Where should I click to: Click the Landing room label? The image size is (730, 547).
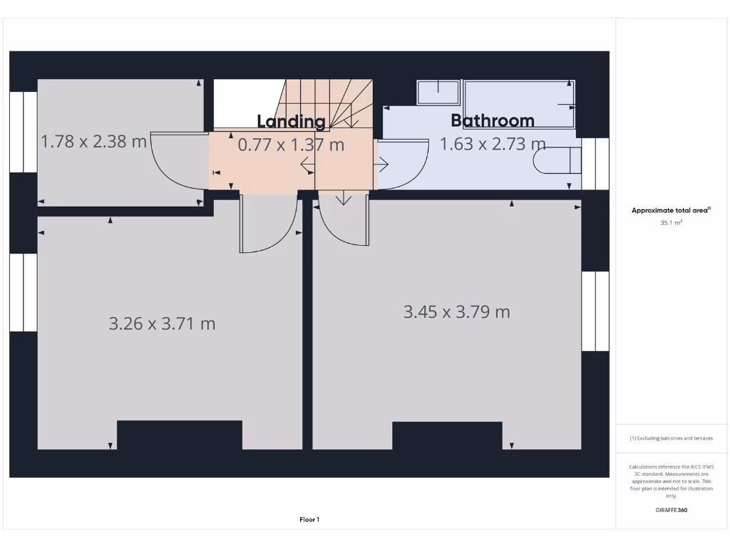click(291, 121)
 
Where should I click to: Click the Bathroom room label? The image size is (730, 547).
click(492, 120)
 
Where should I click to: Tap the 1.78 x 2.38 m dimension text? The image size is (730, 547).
click(93, 141)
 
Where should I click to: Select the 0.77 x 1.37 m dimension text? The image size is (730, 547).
click(291, 145)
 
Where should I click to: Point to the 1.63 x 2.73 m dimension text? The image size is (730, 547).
click(492, 144)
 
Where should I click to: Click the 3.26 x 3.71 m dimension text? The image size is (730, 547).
click(162, 323)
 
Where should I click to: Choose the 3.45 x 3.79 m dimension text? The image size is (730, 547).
click(456, 311)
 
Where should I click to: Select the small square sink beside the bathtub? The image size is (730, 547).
click(438, 93)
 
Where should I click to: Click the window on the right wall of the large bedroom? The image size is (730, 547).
click(595, 311)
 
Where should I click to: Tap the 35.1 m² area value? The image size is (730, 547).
click(671, 223)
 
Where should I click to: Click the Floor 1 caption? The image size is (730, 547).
click(309, 520)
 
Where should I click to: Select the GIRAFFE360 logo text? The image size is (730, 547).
click(671, 510)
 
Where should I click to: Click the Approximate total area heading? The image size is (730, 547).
click(670, 210)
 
